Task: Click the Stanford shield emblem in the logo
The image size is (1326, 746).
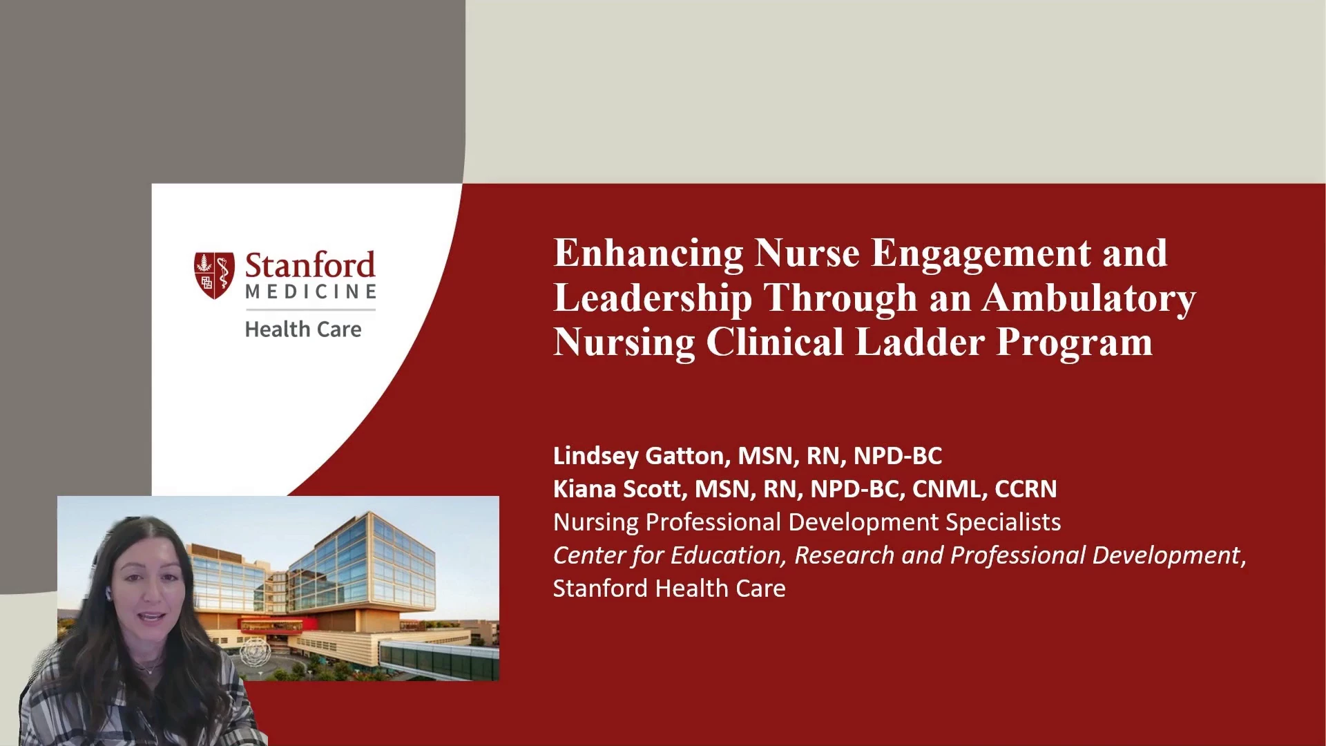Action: [x=214, y=276]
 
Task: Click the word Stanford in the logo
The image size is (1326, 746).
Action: [x=310, y=266]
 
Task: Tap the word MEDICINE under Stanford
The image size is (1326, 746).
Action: [x=311, y=292]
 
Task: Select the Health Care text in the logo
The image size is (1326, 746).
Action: [x=303, y=329]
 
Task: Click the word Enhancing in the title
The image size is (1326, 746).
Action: [x=648, y=254]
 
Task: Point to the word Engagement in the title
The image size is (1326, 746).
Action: [x=981, y=254]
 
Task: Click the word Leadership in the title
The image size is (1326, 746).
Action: [x=653, y=298]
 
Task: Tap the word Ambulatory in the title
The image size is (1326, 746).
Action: [x=1089, y=298]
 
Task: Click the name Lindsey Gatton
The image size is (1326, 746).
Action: [x=640, y=456]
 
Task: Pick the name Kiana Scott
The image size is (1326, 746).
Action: [x=618, y=489]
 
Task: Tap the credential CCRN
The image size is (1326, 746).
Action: [x=1026, y=489]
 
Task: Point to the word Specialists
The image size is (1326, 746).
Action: [x=1003, y=523]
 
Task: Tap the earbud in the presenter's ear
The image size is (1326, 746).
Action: [x=107, y=593]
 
